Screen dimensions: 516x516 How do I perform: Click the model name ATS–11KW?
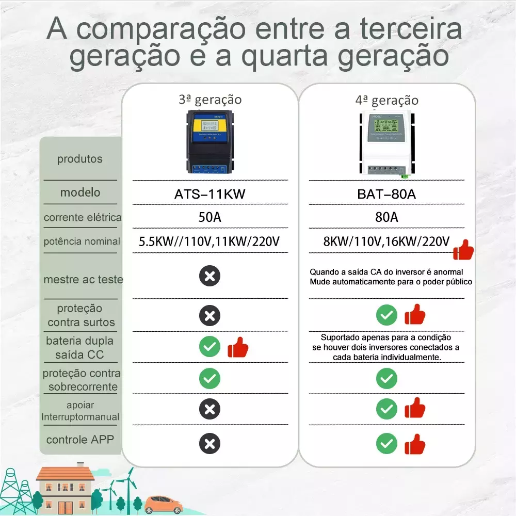(210, 194)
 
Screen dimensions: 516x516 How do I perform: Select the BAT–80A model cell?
(386, 194)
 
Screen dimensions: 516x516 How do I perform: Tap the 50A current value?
(210, 217)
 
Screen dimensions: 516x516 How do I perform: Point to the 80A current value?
(386, 217)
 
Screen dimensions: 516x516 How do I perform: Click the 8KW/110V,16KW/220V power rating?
(386, 241)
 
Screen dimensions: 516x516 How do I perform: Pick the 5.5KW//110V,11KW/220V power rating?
(209, 241)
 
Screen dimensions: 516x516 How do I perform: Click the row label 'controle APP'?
(80, 440)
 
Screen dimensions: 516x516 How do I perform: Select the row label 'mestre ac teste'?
(83, 279)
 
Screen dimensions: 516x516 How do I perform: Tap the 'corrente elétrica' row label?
(83, 218)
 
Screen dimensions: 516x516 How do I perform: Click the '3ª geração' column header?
(211, 100)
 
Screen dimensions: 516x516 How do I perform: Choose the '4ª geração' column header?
(387, 101)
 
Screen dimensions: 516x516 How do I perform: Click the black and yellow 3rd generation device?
(210, 142)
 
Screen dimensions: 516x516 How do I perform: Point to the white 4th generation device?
(387, 143)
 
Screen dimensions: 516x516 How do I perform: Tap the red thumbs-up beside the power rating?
(463, 250)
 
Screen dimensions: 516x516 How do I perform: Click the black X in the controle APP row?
(209, 444)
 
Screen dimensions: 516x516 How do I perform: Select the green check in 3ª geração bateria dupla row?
(209, 347)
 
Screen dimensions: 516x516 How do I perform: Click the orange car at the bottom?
(163, 505)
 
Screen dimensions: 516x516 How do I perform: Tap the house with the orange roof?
(65, 488)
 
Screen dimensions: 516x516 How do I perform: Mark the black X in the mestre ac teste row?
(209, 276)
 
